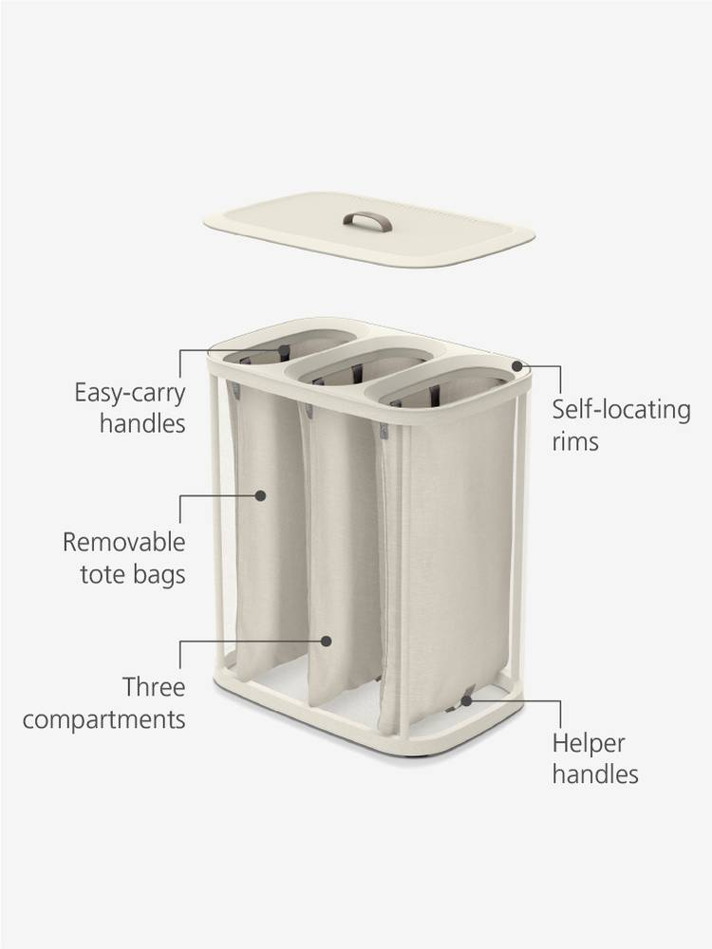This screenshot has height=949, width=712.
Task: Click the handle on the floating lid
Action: click(367, 221)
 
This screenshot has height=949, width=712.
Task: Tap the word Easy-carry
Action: click(129, 392)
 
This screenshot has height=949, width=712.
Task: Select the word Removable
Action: click(123, 542)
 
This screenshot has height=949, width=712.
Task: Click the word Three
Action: click(153, 686)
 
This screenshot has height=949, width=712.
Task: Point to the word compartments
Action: click(103, 718)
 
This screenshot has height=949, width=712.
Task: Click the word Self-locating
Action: click(621, 410)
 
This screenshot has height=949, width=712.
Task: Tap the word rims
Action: click(575, 441)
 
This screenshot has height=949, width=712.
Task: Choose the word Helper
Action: click(589, 743)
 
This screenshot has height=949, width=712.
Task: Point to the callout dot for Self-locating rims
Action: click(517, 364)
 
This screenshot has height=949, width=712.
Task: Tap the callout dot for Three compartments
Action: click(327, 641)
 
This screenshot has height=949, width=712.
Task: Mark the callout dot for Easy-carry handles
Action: click(283, 350)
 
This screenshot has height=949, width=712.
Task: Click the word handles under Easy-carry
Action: click(142, 422)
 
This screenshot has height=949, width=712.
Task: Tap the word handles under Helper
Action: click(595, 774)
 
